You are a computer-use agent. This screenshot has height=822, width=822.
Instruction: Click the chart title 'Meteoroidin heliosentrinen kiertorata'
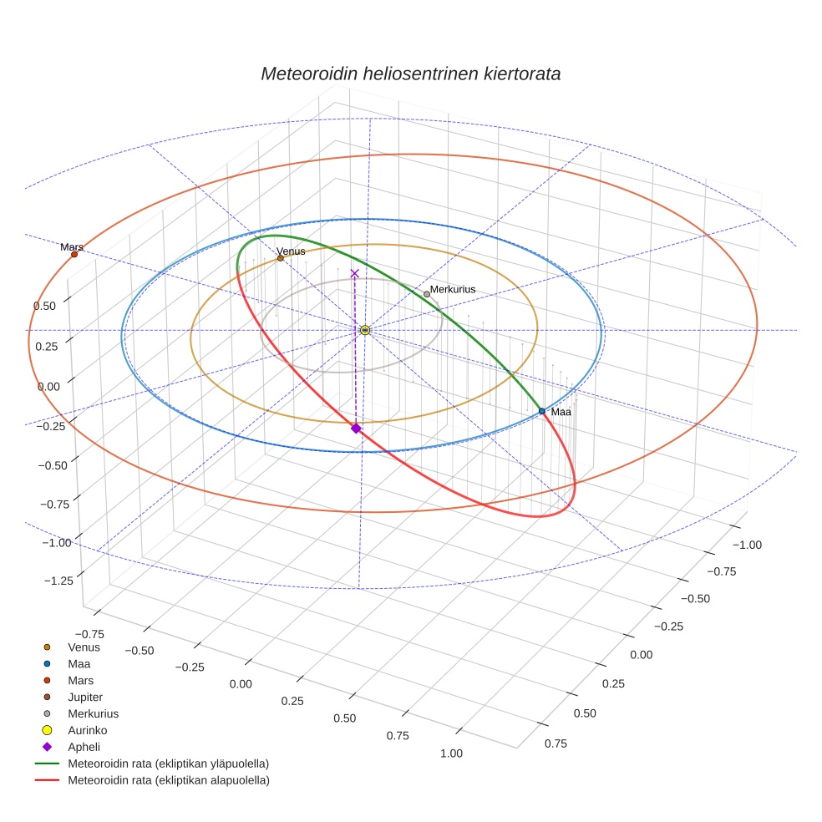(410, 74)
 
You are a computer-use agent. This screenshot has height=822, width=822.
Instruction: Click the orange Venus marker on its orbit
(281, 258)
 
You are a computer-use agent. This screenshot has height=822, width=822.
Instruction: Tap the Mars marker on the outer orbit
(74, 254)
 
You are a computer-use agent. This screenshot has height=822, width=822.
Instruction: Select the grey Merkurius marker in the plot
(427, 294)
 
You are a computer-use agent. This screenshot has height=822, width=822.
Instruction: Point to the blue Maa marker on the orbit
(542, 411)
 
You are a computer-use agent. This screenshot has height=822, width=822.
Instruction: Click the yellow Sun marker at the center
(365, 330)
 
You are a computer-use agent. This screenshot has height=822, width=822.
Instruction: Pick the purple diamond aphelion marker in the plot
(356, 428)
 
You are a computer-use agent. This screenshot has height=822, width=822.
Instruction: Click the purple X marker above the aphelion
(355, 273)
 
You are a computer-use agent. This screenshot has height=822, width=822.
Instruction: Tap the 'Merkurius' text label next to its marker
(453, 289)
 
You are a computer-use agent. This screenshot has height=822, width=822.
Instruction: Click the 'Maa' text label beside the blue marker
(561, 412)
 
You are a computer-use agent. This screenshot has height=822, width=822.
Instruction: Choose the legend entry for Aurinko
(87, 730)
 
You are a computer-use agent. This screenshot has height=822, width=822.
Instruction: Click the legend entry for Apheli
(84, 747)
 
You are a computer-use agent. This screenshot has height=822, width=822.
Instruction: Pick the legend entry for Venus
(84, 647)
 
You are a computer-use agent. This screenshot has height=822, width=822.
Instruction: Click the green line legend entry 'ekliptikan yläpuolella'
(168, 764)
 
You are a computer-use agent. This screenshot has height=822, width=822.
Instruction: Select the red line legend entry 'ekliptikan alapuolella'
(168, 780)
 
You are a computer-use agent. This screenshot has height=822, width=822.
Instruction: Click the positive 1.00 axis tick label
(451, 753)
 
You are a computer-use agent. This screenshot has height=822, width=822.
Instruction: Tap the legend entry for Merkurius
(93, 713)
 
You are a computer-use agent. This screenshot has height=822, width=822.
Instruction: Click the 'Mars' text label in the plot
(72, 247)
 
